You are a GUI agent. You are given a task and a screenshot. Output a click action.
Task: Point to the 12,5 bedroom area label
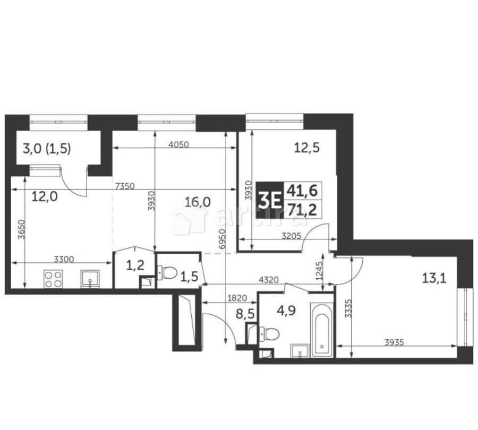point(306,148)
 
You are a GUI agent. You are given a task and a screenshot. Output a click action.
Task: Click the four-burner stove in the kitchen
point(53,279)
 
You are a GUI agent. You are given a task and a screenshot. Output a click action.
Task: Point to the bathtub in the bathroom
point(321,330)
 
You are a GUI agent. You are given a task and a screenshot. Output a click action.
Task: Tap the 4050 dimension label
point(180,144)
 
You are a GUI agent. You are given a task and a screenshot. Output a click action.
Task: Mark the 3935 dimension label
point(394,342)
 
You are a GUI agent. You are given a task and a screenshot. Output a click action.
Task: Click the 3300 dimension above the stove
point(64,259)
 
